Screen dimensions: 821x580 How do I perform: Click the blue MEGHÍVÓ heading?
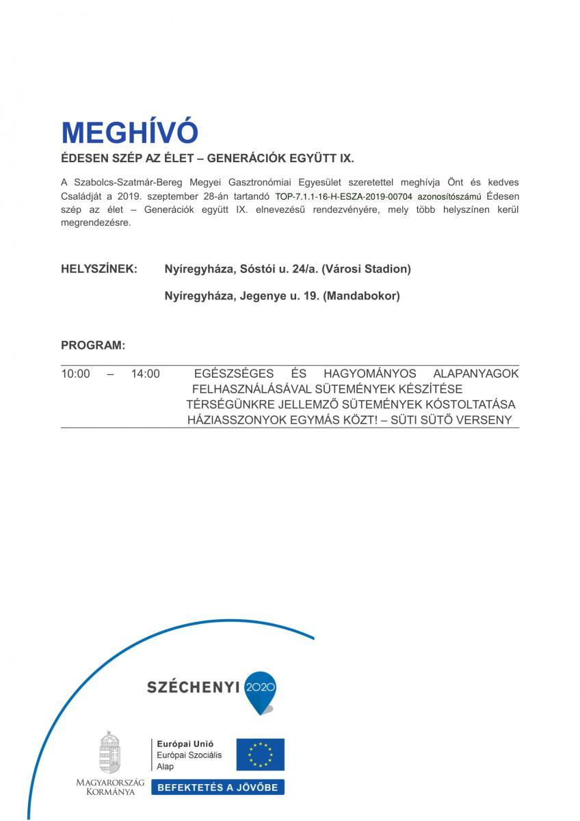click(x=129, y=133)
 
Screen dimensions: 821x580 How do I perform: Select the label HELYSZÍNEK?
click(x=99, y=270)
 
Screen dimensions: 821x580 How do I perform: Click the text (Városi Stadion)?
click(x=366, y=270)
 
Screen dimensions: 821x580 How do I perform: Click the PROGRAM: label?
click(x=93, y=346)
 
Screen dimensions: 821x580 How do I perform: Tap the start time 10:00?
click(x=75, y=374)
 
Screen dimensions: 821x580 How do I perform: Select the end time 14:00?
click(x=145, y=374)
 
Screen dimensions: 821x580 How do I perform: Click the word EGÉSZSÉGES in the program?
click(x=234, y=374)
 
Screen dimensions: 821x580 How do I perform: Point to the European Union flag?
click(x=260, y=755)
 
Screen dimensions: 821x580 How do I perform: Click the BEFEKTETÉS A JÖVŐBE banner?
click(x=217, y=787)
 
